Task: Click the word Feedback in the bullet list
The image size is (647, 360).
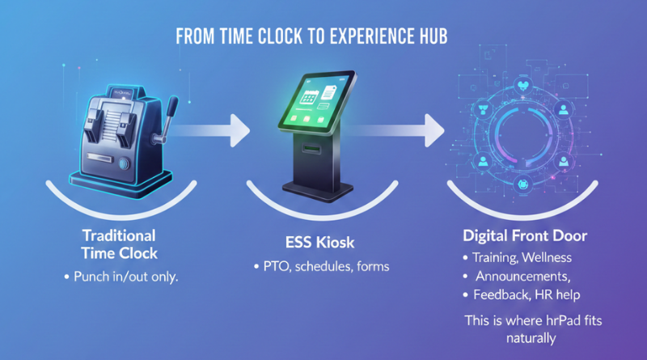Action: pyautogui.click(x=504, y=296)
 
